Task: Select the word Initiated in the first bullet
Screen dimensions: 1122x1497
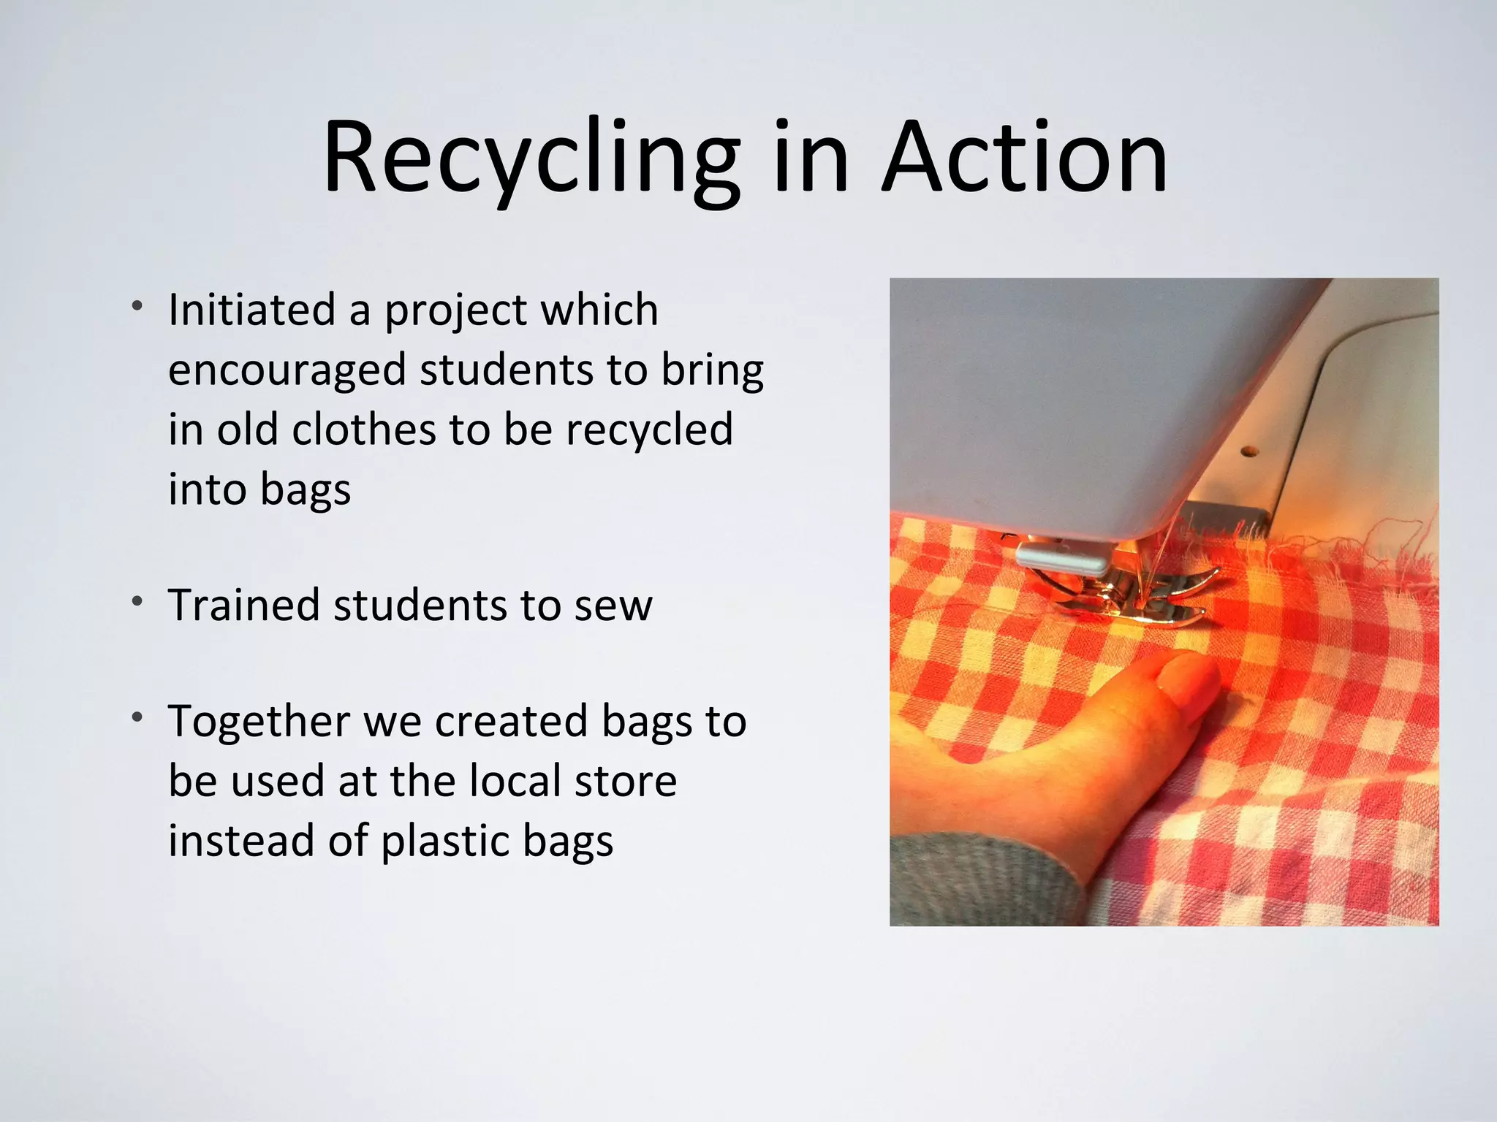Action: point(251,310)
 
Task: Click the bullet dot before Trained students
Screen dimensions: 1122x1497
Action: point(137,601)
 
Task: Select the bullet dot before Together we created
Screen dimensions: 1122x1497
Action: point(137,717)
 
